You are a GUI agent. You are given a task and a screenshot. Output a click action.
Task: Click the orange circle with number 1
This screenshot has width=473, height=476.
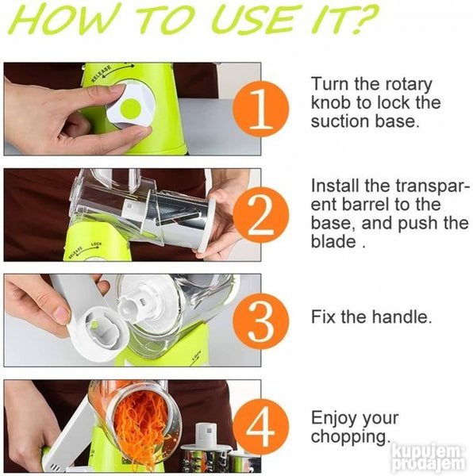[x=261, y=109]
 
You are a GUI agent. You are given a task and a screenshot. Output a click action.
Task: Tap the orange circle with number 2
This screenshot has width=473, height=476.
[x=261, y=215]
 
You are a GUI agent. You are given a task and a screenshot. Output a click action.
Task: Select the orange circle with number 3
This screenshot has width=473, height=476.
[x=261, y=321]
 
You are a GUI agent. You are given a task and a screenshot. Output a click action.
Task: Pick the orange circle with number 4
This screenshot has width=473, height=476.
[x=261, y=427]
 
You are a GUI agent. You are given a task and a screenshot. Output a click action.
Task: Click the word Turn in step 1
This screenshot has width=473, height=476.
[x=329, y=84]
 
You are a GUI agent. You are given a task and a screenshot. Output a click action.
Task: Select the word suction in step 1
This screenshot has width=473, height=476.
[x=340, y=121]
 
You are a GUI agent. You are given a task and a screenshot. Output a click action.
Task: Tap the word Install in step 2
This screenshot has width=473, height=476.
[x=335, y=186]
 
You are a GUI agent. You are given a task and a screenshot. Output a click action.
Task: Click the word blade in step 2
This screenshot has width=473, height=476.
[x=333, y=242]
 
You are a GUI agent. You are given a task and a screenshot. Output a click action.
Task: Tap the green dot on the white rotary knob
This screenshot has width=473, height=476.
[x=130, y=109]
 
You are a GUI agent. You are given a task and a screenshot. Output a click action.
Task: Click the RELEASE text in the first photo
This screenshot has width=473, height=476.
[x=102, y=74]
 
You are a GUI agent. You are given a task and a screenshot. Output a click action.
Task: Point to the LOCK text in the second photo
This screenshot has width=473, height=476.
[x=97, y=244]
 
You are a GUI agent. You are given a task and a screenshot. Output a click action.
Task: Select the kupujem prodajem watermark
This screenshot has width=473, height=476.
[x=429, y=458]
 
